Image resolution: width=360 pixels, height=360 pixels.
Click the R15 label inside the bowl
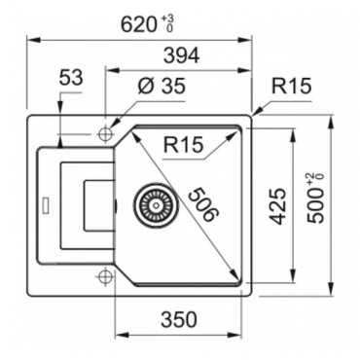pos(181,148)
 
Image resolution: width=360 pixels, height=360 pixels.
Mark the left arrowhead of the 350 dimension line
pos(120,333)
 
